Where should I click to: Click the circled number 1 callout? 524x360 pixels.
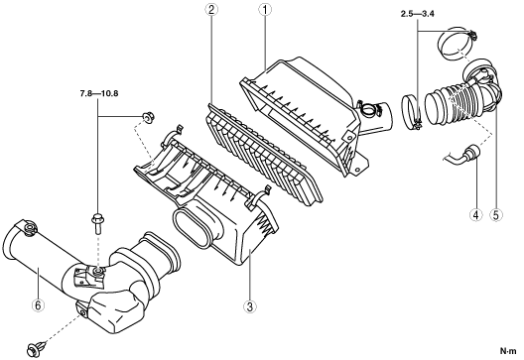click(265, 10)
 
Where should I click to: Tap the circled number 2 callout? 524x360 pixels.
click(211, 10)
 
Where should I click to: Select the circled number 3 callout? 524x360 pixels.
click(250, 306)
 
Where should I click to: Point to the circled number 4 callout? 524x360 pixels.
click(476, 215)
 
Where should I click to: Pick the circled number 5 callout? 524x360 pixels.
click(496, 215)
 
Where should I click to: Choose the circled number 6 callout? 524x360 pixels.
click(38, 304)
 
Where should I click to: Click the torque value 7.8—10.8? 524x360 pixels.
click(99, 93)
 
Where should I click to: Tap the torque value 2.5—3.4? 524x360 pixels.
click(418, 14)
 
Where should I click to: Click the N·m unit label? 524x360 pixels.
click(508, 351)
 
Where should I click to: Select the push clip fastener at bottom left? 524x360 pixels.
click(36, 348)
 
